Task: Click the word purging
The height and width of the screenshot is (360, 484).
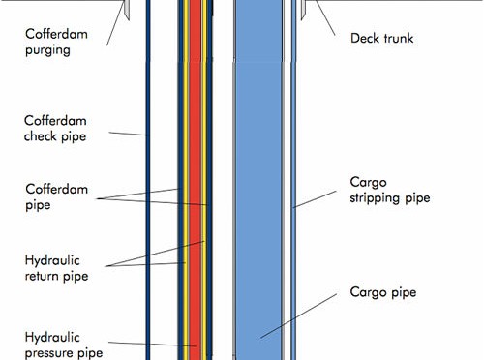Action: pyautogui.click(x=47, y=50)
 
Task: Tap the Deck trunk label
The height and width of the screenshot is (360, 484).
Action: pyautogui.click(x=381, y=38)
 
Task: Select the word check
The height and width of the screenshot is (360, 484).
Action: pyautogui.click(x=41, y=136)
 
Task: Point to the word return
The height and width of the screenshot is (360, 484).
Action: pyautogui.click(x=43, y=276)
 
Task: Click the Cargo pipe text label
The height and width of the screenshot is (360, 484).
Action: pyautogui.click(x=383, y=292)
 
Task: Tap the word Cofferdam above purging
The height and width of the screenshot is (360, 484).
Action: pyautogui.click(x=56, y=34)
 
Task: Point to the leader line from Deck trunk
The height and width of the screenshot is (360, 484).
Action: pyautogui.click(x=325, y=17)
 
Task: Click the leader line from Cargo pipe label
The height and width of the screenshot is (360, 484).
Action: pyautogui.click(x=298, y=315)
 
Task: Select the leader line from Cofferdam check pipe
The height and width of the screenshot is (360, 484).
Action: pyautogui.click(x=128, y=134)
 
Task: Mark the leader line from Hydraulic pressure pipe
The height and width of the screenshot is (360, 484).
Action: pyautogui.click(x=152, y=344)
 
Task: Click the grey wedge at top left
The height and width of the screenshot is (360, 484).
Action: pyautogui.click(x=127, y=9)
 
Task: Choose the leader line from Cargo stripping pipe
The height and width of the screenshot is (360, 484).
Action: pyautogui.click(x=315, y=199)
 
